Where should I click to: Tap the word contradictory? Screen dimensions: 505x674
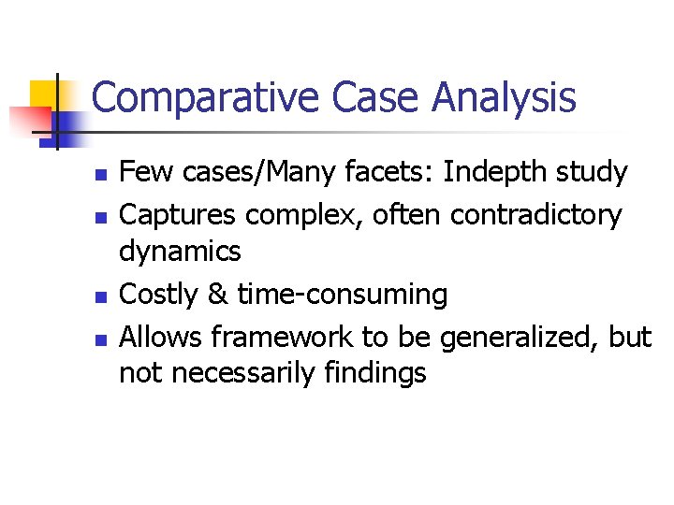point(535,215)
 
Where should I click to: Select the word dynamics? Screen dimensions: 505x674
point(180,252)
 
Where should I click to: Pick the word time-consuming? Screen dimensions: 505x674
point(342,295)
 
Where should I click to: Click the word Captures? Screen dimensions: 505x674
point(178,215)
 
